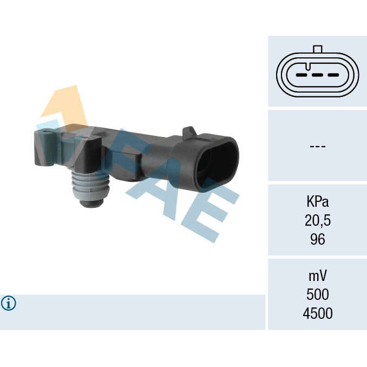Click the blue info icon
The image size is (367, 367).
click(x=9, y=303)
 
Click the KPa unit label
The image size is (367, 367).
click(x=317, y=201)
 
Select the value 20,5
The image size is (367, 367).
click(x=318, y=220)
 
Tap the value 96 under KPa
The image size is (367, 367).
click(x=318, y=239)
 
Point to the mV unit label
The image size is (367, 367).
click(x=318, y=276)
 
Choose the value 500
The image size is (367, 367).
click(x=318, y=294)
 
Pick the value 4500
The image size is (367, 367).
click(x=318, y=313)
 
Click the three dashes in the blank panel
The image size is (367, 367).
click(x=318, y=146)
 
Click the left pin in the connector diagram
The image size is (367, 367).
click(x=302, y=75)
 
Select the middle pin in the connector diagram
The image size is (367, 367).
click(x=318, y=75)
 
